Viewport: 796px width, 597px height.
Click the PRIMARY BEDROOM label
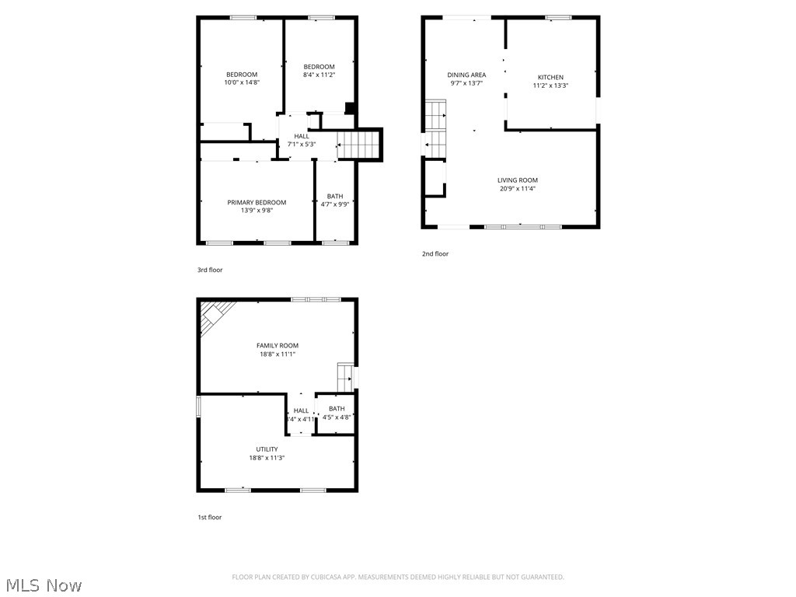coord(257,202)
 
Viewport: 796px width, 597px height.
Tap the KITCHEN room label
coord(550,77)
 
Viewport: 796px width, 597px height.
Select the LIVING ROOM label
coord(518,180)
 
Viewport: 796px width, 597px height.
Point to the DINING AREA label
coord(466,75)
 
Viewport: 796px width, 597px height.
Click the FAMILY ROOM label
coord(278,345)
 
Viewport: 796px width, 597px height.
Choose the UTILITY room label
coord(267,449)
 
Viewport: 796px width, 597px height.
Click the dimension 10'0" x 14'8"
coord(242,82)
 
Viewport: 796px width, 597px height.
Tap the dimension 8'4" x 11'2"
coord(319,75)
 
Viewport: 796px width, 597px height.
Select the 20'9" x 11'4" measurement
coord(518,189)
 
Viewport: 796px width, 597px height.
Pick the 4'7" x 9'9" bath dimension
coord(335,204)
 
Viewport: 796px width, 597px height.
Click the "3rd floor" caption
coord(210,270)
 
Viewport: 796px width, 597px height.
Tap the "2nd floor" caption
coord(435,253)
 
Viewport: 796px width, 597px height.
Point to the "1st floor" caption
coord(209,517)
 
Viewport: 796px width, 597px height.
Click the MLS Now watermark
coord(42,585)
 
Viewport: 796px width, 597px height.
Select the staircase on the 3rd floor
coord(360,145)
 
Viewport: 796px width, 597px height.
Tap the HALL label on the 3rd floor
coord(302,136)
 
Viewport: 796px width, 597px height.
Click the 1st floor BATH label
coord(337,409)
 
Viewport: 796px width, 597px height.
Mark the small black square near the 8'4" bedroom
coord(350,109)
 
